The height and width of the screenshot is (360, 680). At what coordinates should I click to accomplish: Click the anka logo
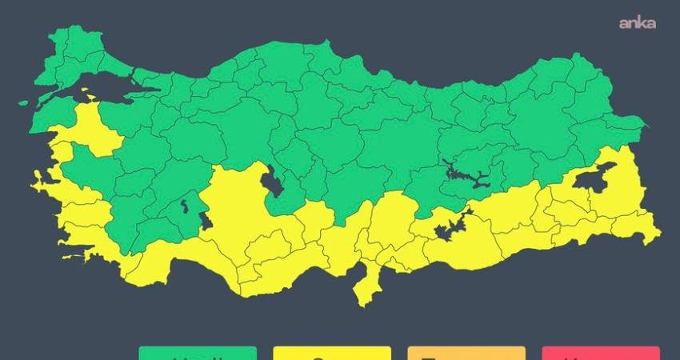pos(637,23)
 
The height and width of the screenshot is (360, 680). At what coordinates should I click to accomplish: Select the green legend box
pos(198,353)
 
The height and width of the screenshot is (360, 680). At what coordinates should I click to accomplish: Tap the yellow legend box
pos(332,353)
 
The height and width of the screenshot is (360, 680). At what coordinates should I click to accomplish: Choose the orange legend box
pos(466,353)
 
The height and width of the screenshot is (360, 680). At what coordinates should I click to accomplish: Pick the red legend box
pos(601,353)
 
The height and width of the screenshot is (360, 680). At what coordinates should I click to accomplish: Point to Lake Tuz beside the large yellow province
pos(272,183)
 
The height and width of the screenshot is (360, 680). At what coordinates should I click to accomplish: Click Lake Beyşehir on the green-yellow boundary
pos(205,221)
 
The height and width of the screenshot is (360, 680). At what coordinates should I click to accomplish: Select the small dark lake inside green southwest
pos(185,206)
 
